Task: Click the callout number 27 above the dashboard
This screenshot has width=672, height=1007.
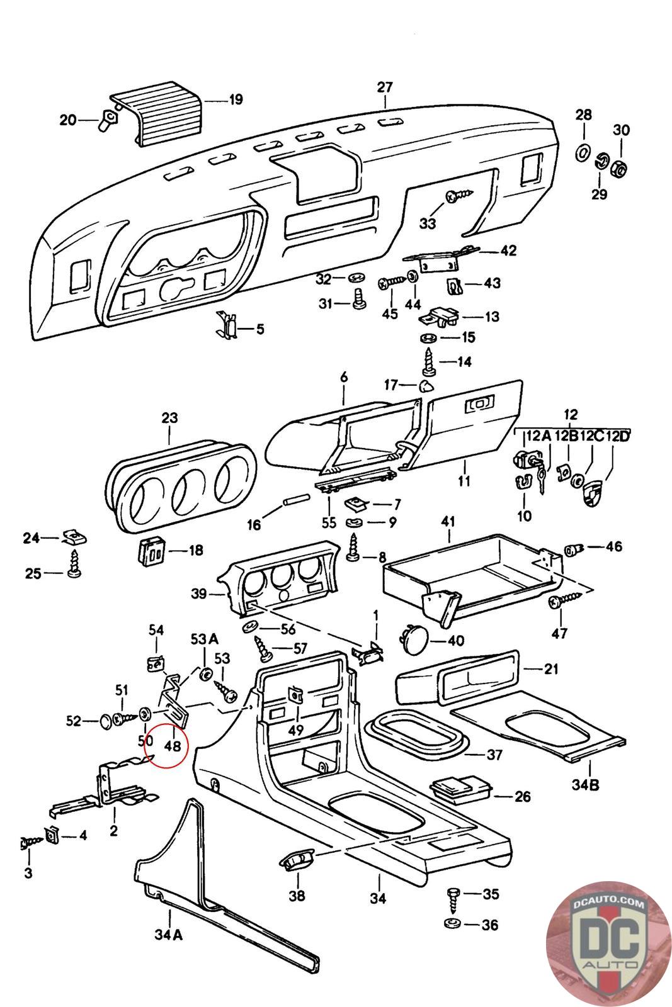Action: (x=385, y=87)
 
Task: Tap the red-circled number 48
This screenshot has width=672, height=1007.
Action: (x=172, y=746)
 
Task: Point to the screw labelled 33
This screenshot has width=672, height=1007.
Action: (x=455, y=197)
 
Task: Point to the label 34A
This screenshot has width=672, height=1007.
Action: (x=168, y=935)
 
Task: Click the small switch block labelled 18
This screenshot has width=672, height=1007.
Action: (x=151, y=551)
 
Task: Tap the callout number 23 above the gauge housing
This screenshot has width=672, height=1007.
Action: (x=169, y=417)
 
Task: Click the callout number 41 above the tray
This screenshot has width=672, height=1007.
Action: (x=448, y=522)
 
